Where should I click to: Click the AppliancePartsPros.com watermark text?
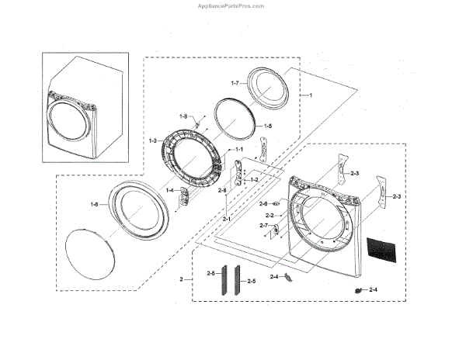click(232, 5)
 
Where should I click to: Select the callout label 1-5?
click(267, 126)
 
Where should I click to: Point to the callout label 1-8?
click(183, 116)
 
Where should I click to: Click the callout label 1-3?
click(152, 140)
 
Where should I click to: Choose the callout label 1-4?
click(170, 190)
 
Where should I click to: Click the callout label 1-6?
click(95, 204)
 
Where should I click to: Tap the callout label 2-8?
click(221, 190)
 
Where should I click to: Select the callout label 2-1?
click(227, 220)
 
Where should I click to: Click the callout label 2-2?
click(270, 215)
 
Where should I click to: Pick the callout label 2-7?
click(263, 226)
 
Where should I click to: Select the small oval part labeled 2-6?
click(276, 204)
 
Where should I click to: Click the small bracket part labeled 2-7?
click(274, 229)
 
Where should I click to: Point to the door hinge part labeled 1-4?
click(185, 196)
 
